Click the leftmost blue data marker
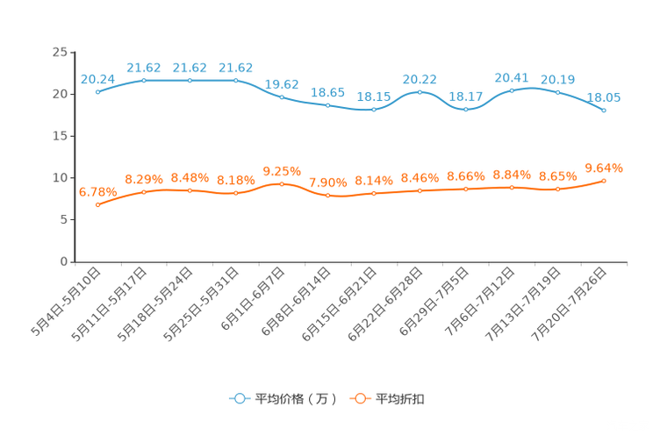click(97, 91)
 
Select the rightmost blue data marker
click(604, 111)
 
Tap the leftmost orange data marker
click(97, 205)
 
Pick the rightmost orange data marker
click(604, 181)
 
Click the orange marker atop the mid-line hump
click(282, 183)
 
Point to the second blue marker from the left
click(144, 81)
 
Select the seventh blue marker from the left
click(374, 111)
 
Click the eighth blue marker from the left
click(420, 91)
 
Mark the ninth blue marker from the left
click(466, 110)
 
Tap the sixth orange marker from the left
click(328, 196)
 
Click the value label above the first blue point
click(97, 78)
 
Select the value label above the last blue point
click(604, 97)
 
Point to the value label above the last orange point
click(604, 167)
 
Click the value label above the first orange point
click(97, 191)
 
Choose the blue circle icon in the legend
click(240, 398)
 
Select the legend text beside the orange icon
click(400, 399)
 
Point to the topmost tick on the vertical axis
click(71, 52)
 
